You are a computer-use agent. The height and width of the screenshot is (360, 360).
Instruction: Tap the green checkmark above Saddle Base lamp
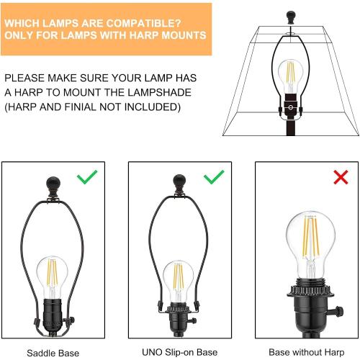point(86,177)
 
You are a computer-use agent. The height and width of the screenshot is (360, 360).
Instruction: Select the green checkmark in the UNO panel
point(214,176)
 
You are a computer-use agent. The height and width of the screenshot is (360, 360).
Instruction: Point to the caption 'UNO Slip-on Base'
point(180,353)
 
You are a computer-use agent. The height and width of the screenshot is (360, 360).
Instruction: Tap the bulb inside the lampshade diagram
point(289,76)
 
